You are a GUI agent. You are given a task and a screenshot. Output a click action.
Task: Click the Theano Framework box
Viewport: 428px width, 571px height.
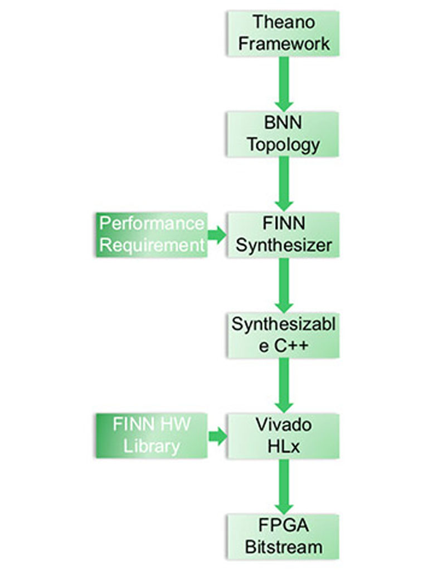coord(283,33)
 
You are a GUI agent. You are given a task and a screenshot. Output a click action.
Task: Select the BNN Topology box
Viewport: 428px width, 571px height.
coord(283,134)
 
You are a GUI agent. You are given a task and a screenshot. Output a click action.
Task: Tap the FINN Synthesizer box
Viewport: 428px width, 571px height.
coord(283,235)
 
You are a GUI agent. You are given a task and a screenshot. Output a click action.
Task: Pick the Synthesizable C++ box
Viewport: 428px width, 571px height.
coord(283,335)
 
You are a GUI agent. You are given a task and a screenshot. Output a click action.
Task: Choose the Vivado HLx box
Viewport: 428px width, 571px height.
coord(283,435)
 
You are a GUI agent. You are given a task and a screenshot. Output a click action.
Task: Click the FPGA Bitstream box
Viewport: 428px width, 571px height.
coord(283,536)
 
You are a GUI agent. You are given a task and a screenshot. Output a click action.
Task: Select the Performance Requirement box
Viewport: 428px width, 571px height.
coord(151,235)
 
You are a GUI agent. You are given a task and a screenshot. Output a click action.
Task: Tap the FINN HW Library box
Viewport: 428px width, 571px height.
coord(151,435)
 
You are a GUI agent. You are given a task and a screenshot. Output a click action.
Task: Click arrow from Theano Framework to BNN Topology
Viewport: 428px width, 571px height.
coord(284,84)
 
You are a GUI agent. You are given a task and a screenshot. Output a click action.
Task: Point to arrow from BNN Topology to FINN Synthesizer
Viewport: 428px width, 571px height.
coord(284,184)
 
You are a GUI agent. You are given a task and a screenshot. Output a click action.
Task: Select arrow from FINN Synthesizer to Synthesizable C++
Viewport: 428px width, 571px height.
coord(284,284)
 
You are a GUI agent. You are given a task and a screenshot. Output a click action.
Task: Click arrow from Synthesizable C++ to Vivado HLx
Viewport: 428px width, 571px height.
coord(284,385)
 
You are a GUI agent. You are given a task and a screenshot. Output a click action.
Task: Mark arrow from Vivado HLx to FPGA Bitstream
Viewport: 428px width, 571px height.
coord(284,485)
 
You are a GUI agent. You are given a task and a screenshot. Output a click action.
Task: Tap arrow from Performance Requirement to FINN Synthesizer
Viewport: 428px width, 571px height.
coord(217,235)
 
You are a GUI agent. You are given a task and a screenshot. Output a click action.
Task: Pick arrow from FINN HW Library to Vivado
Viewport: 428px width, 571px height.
coord(217,435)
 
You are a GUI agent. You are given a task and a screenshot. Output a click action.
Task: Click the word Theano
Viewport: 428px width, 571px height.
coord(284,23)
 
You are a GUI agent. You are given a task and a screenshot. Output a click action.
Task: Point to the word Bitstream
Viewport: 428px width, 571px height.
coord(284,546)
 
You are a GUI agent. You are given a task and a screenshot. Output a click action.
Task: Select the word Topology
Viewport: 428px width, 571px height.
coord(284,145)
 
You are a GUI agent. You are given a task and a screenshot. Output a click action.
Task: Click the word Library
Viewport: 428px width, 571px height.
coord(152,446)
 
